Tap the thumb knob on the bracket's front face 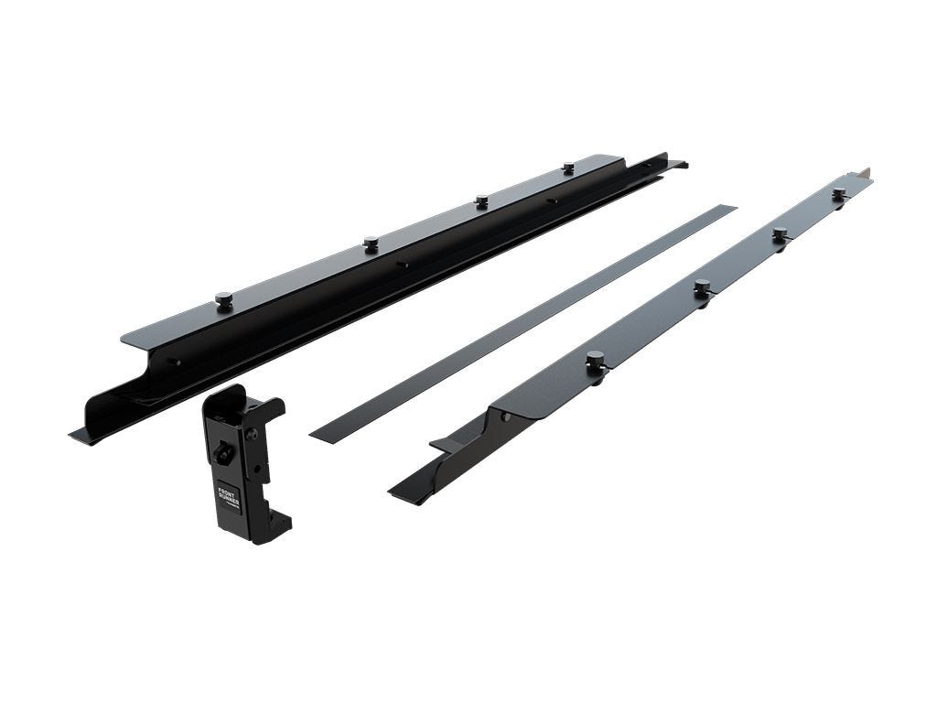pyautogui.click(x=223, y=451)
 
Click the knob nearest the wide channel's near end pyautogui.click(x=223, y=299)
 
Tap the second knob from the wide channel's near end pyautogui.click(x=371, y=243)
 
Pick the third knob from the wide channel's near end pyautogui.click(x=481, y=201)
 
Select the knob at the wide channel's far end pyautogui.click(x=568, y=168)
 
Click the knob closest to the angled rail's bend pyautogui.click(x=596, y=360)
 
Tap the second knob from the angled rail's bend pyautogui.click(x=702, y=287)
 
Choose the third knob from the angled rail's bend pyautogui.click(x=780, y=234)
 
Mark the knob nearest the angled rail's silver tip pyautogui.click(x=839, y=194)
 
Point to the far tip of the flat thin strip pyautogui.click(x=727, y=210)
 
